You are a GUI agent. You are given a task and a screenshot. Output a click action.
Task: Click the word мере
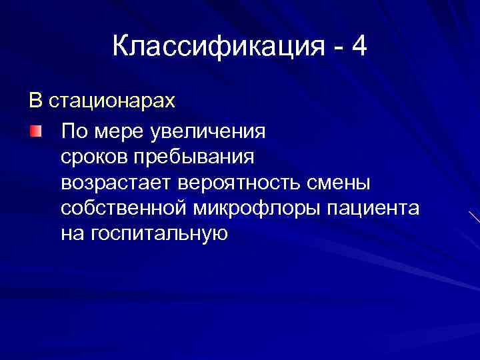click(x=114, y=131)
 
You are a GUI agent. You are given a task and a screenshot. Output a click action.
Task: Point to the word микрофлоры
click(x=257, y=209)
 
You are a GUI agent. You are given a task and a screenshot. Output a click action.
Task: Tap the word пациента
click(x=373, y=209)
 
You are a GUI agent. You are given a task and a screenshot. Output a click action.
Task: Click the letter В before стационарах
click(x=35, y=101)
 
